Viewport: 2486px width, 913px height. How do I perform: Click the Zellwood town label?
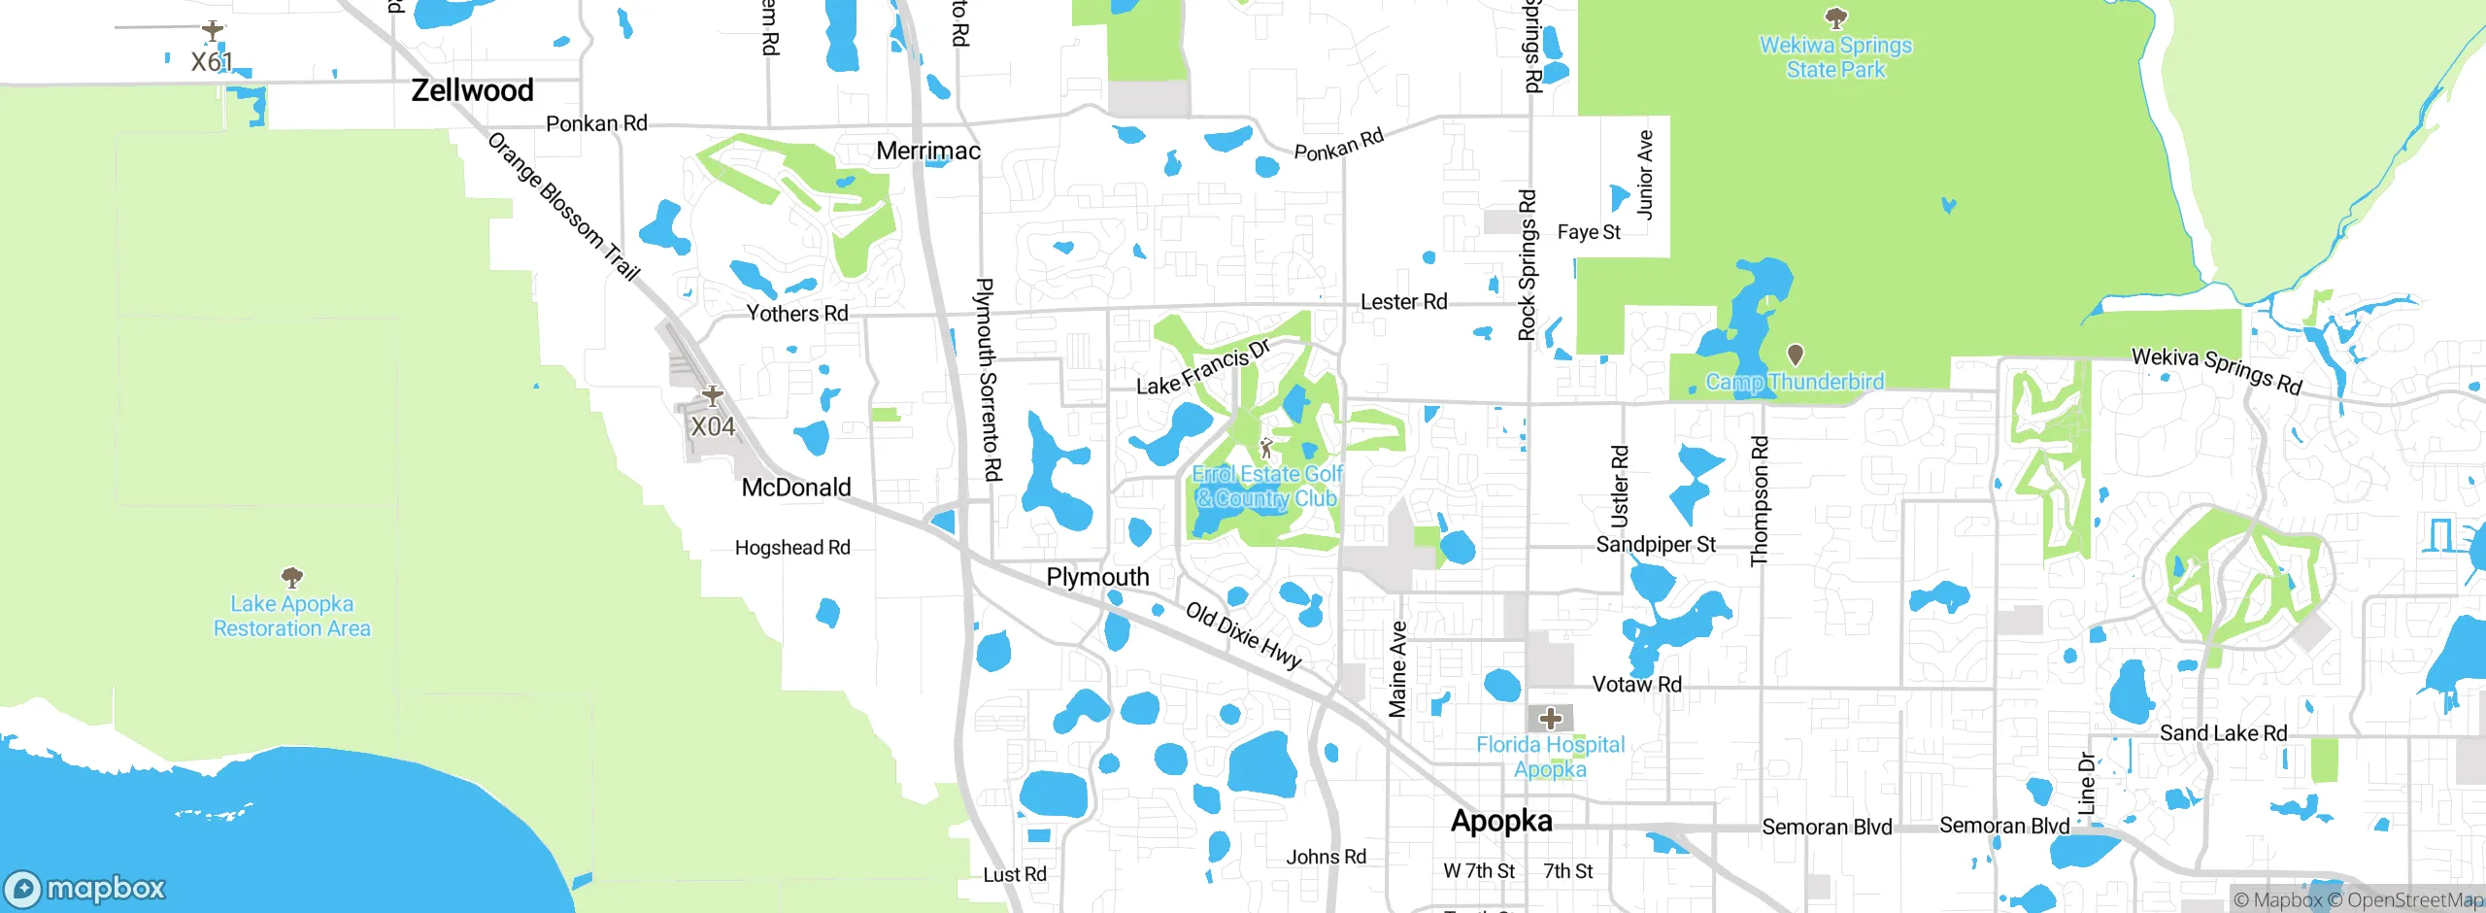coord(472,90)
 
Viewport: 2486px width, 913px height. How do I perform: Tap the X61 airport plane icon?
coord(213,32)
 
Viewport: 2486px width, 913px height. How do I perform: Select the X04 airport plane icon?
coord(713,395)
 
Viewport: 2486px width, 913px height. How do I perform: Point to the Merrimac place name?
coord(927,151)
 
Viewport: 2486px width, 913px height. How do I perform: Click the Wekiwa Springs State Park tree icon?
coord(1835,17)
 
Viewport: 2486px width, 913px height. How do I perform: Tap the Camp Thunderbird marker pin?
coord(1796,355)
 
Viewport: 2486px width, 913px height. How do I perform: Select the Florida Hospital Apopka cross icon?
coord(1550,719)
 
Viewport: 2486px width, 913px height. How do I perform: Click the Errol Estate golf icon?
coord(1266,448)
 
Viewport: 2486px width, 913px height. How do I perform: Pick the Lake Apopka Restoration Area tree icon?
coord(291,578)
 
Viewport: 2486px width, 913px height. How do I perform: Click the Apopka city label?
coord(1501,821)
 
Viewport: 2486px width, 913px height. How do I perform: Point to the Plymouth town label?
coord(1097,577)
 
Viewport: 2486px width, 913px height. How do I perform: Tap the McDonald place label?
coord(796,488)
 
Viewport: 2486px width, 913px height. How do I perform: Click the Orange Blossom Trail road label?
coord(563,206)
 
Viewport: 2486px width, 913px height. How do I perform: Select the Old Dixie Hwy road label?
coord(1244,636)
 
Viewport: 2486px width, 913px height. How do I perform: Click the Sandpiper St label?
coord(1656,545)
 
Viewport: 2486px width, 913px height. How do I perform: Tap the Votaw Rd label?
coord(1637,684)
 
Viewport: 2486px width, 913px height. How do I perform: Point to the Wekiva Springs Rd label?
coord(2217,370)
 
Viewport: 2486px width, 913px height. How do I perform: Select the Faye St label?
coord(1589,232)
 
